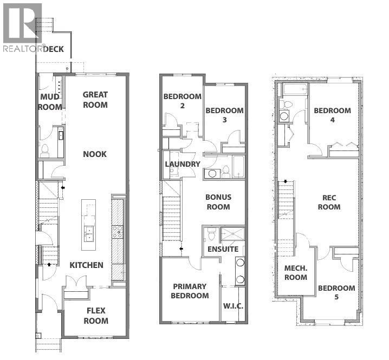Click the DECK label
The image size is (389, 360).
[54, 49]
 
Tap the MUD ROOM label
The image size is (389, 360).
[50, 102]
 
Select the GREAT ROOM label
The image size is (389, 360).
[95, 100]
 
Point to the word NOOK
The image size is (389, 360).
[95, 154]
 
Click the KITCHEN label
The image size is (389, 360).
[86, 265]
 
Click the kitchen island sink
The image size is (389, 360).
[88, 233]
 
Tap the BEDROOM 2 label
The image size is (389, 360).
[183, 101]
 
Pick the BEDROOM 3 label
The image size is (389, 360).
[224, 115]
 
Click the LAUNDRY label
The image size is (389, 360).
[182, 163]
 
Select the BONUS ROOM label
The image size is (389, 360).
[218, 202]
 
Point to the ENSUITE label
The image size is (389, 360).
[223, 250]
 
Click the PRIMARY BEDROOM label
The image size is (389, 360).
[190, 291]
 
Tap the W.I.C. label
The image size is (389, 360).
[233, 306]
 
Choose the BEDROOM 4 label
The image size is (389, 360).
[332, 115]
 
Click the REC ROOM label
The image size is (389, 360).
[329, 202]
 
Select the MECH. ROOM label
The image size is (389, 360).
[296, 273]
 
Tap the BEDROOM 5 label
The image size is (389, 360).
[336, 293]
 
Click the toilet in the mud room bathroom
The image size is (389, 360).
[45, 150]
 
